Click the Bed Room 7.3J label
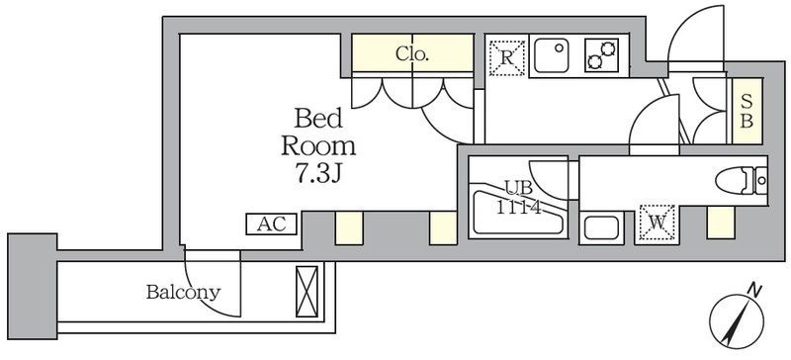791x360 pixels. click(318, 145)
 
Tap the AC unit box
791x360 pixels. click(271, 225)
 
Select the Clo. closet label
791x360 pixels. click(412, 53)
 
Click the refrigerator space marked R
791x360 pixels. click(507, 58)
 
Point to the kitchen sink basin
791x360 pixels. click(552, 55)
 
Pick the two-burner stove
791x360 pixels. click(602, 55)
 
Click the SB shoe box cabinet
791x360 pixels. click(747, 111)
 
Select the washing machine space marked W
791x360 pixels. click(658, 223)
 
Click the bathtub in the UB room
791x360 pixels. click(517, 213)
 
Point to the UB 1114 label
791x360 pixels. click(518, 198)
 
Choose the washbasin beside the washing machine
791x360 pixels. click(601, 227)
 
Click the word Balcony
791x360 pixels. click(184, 293)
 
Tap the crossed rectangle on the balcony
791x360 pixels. click(307, 292)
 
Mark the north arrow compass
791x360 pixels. click(735, 321)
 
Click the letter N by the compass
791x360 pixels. click(753, 291)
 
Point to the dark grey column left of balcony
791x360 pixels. click(33, 286)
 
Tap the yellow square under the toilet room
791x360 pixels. click(721, 223)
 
